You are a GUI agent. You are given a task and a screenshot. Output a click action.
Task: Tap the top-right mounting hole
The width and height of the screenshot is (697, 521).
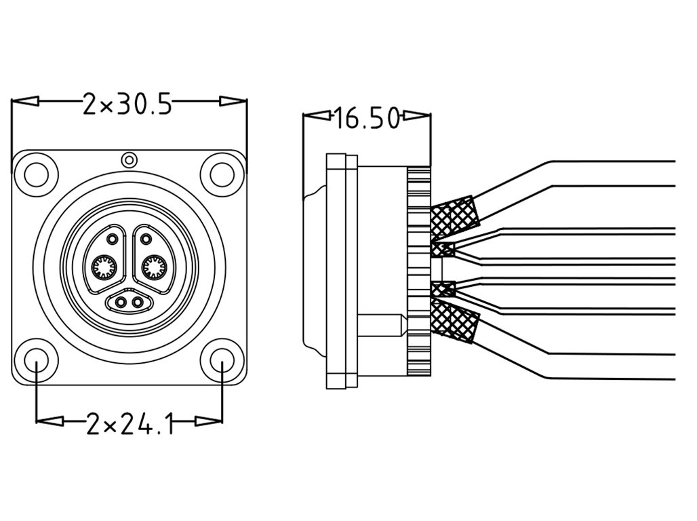pos(221,174)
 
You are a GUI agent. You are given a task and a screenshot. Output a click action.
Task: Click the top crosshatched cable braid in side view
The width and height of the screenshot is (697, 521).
pos(454,215)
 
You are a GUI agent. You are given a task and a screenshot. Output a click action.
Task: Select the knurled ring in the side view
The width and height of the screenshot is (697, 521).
pos(419,271)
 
